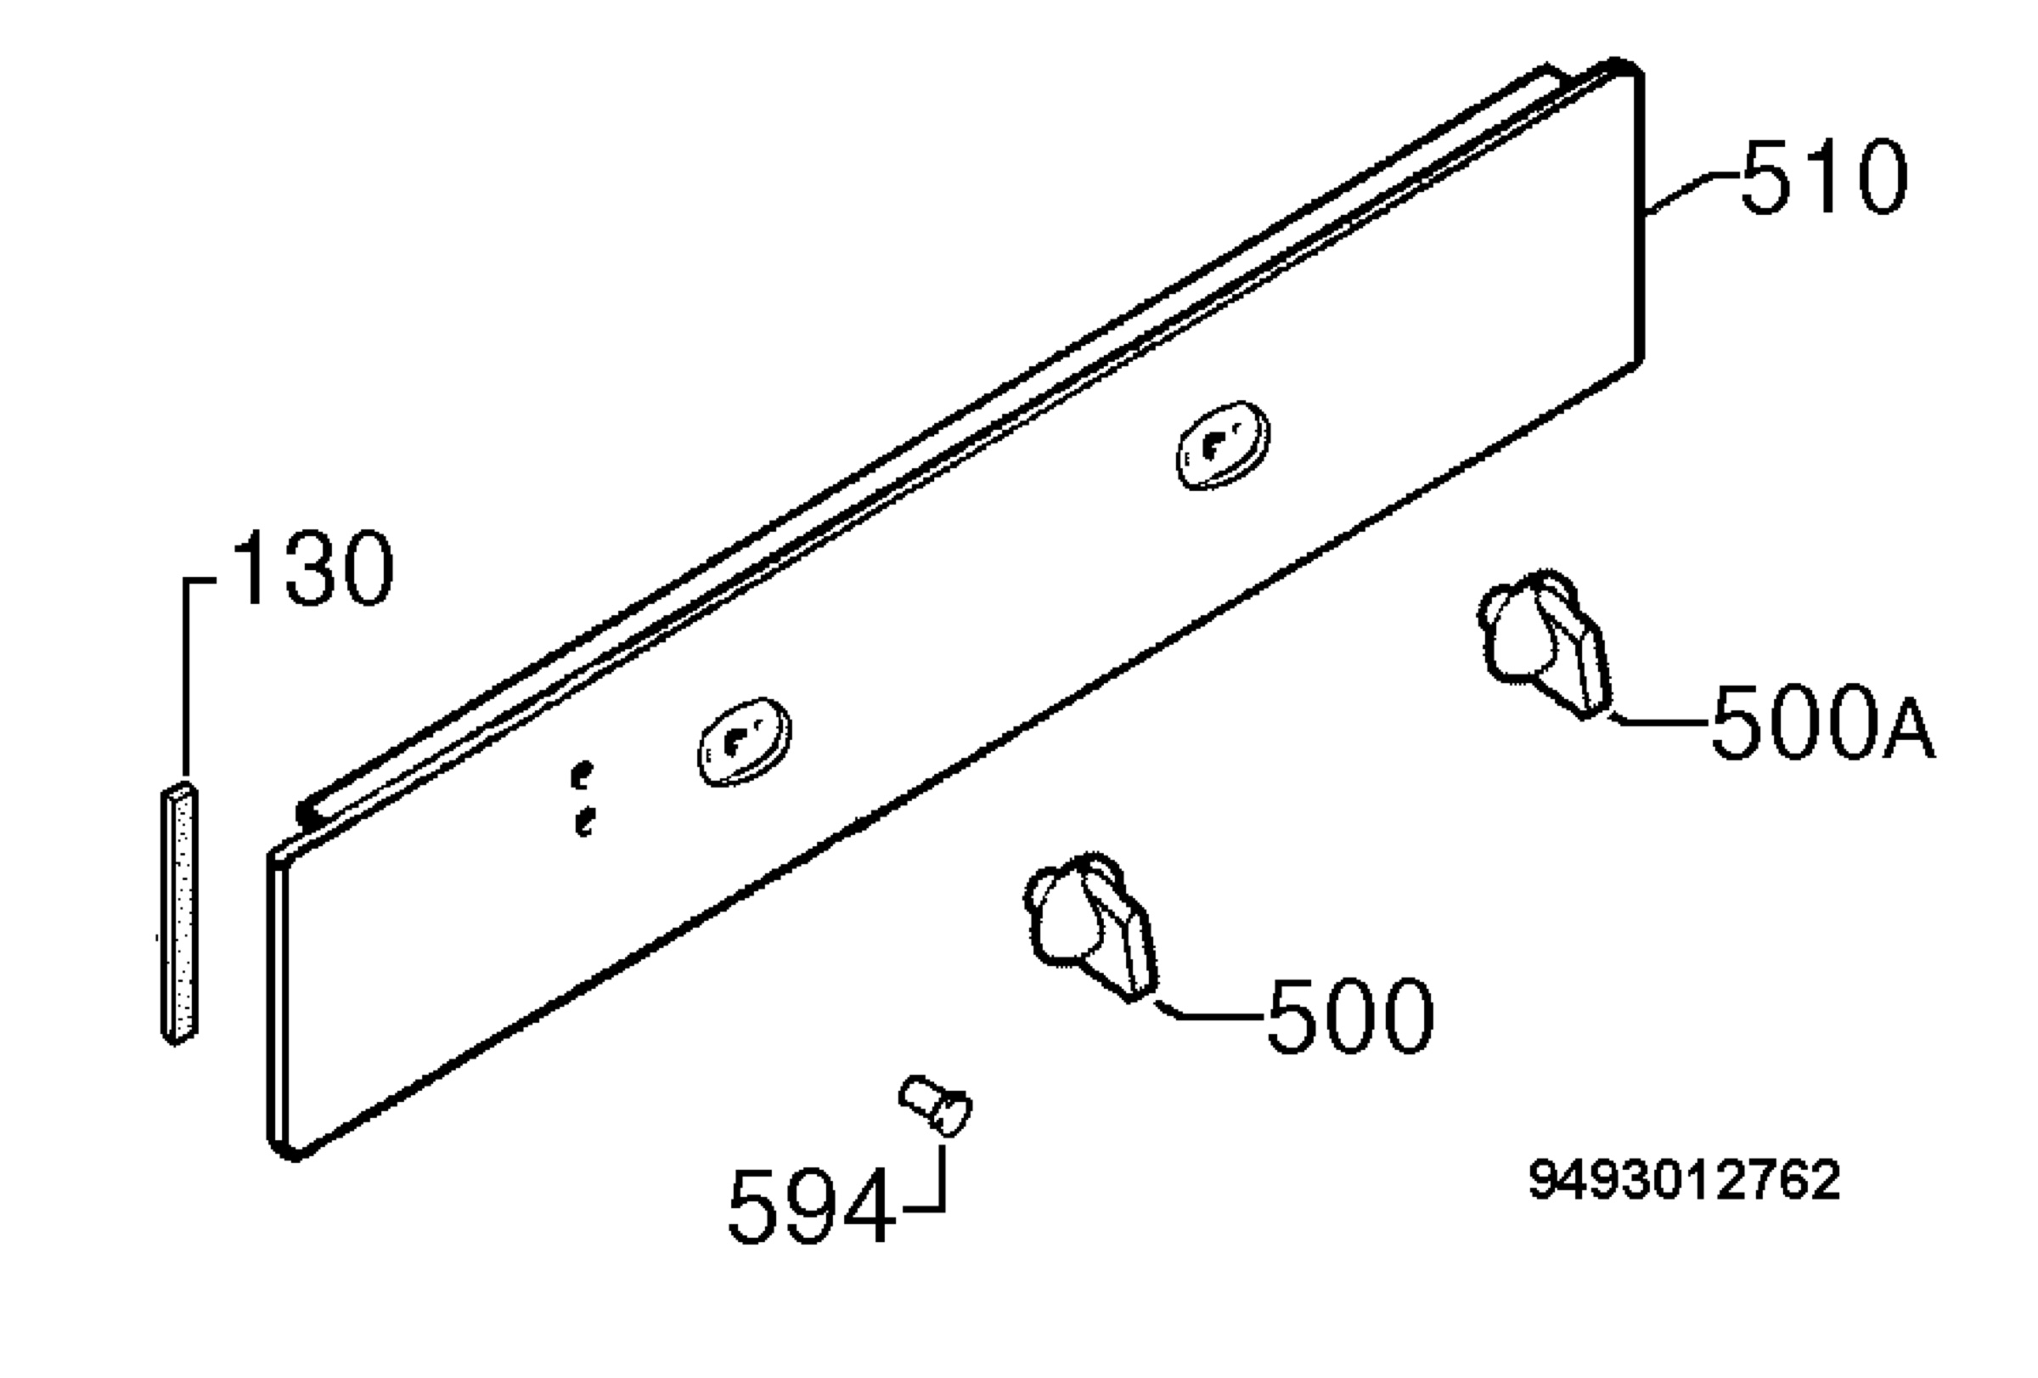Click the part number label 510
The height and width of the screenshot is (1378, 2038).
(x=1823, y=179)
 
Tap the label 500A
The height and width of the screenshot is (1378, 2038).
(x=1823, y=722)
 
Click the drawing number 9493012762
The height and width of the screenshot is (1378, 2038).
(x=1685, y=1180)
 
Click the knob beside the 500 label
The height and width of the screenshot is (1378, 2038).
(x=1090, y=925)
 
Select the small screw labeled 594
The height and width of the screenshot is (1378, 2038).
(x=935, y=1105)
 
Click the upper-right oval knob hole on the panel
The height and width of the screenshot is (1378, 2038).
(x=1223, y=444)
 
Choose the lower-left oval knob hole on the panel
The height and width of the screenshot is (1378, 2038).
(x=744, y=741)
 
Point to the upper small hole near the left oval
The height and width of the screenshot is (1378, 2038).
(x=580, y=775)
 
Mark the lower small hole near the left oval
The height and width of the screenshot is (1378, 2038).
(x=584, y=822)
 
